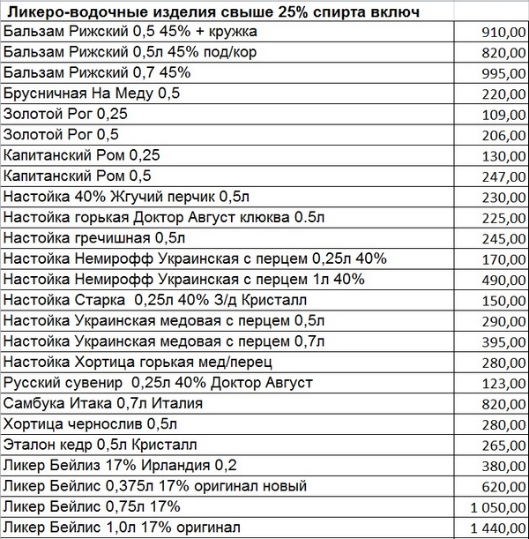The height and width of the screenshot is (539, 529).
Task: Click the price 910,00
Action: pos(503,33)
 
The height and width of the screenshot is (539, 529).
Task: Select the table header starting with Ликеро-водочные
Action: pos(212,11)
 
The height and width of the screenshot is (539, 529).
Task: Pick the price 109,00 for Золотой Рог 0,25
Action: pos(503,115)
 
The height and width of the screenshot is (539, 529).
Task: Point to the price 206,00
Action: pos(503,135)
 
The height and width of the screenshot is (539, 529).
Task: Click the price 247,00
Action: pos(503,176)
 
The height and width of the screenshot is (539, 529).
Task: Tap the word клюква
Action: pos(264,217)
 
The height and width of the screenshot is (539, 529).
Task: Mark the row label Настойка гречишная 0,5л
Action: pos(95,237)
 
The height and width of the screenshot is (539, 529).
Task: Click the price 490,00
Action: pos(503,280)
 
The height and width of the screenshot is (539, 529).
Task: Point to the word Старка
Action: pos(93,300)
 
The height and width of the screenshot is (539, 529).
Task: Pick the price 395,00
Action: pos(503,341)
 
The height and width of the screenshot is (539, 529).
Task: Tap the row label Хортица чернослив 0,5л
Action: pos(86,423)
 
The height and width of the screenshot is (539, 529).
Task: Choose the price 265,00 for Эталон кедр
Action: pos(503,445)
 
